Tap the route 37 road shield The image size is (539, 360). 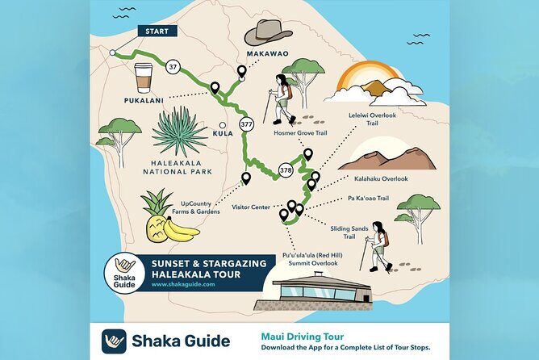click(173, 68)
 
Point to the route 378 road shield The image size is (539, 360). click(286, 170)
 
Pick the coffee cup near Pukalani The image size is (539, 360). click(144, 79)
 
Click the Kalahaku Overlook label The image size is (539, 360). click(382, 178)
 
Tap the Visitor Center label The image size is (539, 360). click(251, 207)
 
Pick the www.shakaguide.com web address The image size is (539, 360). click(182, 284)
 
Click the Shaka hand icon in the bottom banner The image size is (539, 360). click(113, 341)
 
